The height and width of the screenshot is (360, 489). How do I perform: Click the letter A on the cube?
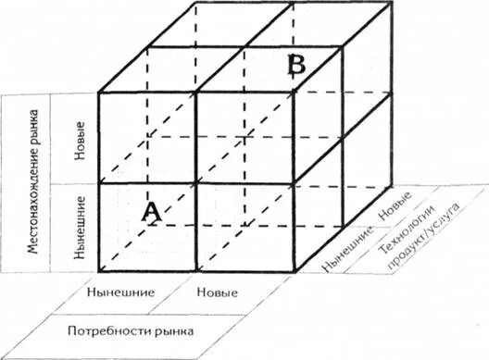(153, 213)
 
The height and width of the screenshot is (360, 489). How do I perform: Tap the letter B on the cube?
(295, 65)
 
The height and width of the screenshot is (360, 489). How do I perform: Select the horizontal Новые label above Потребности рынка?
(219, 293)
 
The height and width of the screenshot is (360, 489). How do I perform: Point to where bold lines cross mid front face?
(197, 182)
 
